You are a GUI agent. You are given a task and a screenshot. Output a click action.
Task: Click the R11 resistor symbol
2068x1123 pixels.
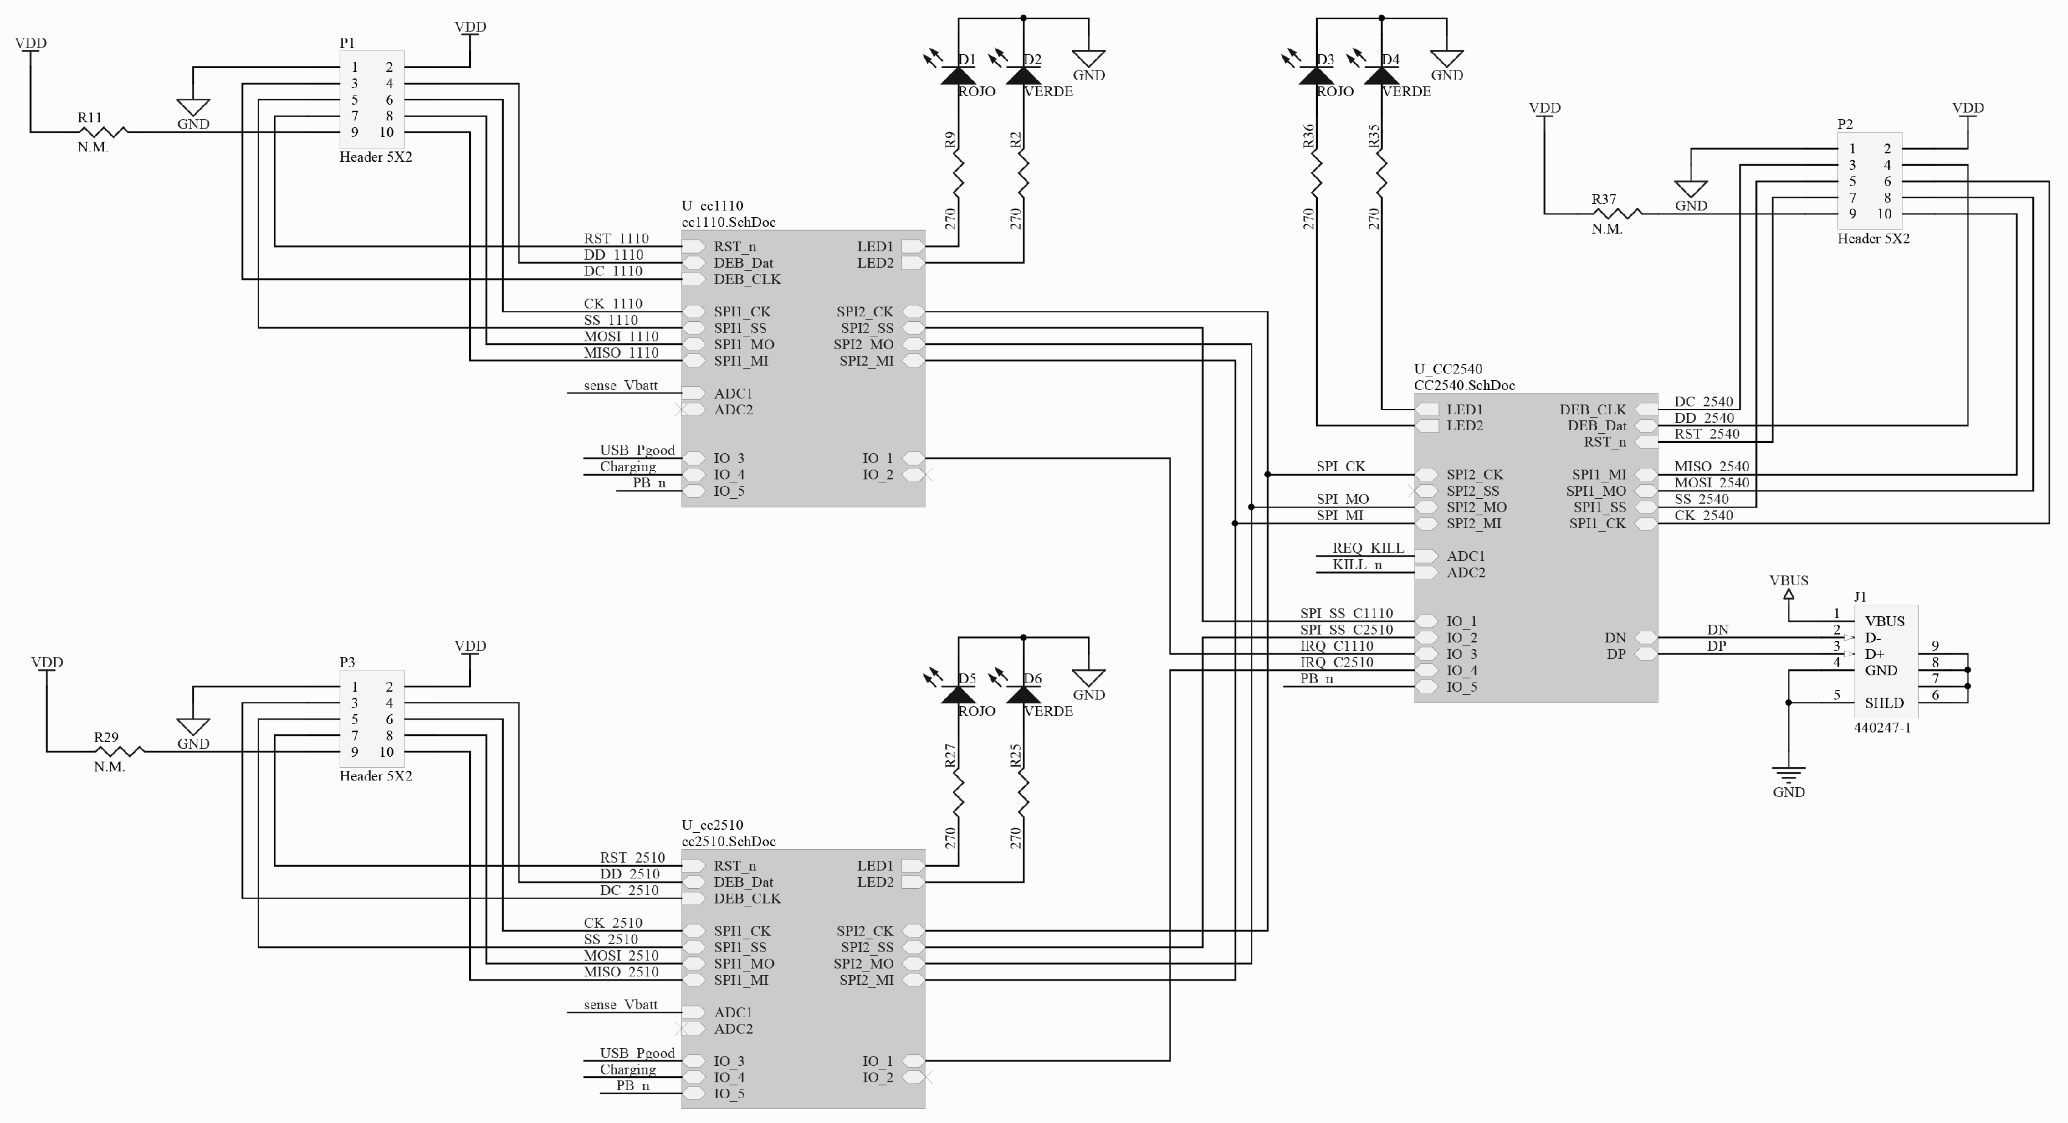click(x=103, y=131)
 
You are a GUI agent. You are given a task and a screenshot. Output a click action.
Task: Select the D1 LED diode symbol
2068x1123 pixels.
click(x=958, y=75)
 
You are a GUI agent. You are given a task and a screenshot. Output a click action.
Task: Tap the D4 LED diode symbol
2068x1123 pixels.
click(x=1381, y=75)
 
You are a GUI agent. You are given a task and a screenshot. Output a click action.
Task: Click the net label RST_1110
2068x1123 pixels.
click(x=616, y=238)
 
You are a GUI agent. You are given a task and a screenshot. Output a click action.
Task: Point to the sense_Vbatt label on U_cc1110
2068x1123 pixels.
click(x=621, y=385)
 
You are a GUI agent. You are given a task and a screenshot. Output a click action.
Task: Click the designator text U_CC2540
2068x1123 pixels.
click(x=1447, y=369)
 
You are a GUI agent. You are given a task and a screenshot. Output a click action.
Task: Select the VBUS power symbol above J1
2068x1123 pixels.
click(x=1789, y=596)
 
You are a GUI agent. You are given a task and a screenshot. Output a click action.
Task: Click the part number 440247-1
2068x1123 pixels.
click(x=1882, y=728)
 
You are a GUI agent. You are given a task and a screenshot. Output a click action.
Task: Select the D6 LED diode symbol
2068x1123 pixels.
click(x=1023, y=695)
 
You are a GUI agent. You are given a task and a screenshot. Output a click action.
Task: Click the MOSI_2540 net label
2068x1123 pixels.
click(x=1711, y=482)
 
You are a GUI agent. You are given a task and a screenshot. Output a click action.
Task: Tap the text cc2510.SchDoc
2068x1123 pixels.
click(x=728, y=841)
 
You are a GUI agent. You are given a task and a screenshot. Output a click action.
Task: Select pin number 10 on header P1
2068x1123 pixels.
click(x=387, y=133)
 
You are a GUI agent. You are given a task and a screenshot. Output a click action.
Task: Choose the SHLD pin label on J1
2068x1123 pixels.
click(x=1884, y=703)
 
